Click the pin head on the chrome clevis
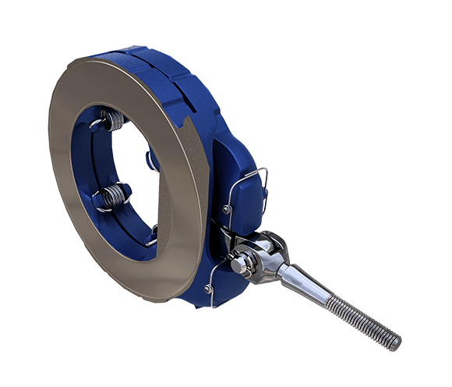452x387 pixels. [236, 265]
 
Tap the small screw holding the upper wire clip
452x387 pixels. [226, 209]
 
